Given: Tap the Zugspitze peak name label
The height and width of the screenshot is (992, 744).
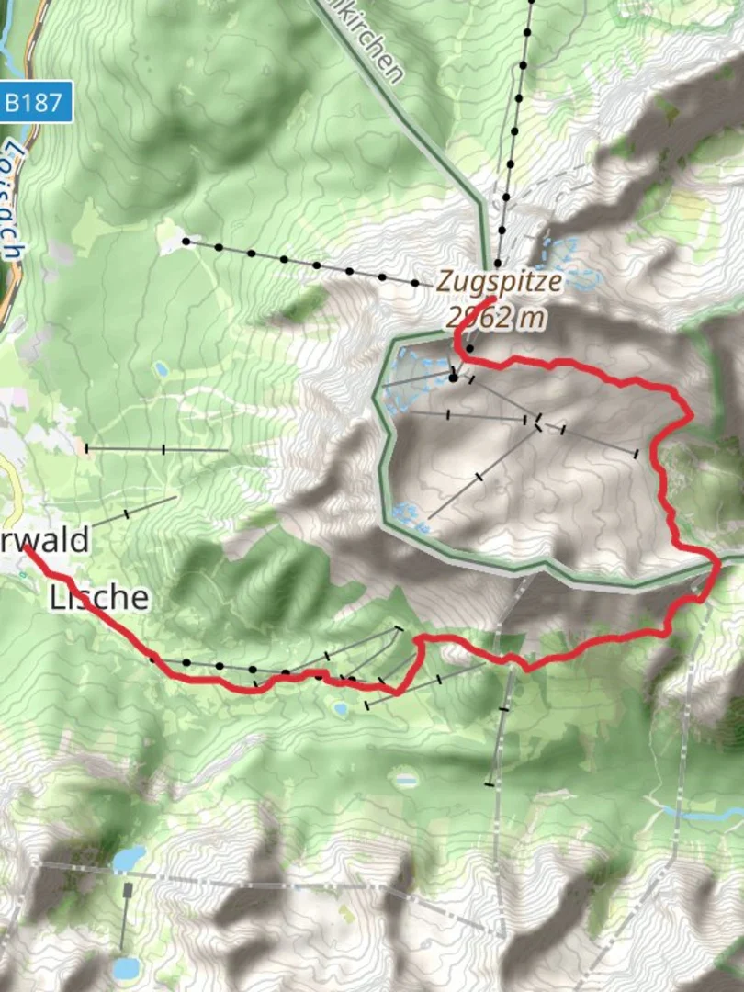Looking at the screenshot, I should pos(497,280).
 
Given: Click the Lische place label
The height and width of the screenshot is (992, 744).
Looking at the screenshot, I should pos(98,597).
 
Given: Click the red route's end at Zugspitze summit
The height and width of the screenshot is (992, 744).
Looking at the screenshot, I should pos(493,299).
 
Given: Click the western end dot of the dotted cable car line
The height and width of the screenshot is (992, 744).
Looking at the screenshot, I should pos(186,242).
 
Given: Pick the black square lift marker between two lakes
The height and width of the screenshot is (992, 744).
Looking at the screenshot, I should pos(128,890).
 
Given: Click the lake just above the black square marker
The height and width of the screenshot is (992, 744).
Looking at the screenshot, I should pos(130,858).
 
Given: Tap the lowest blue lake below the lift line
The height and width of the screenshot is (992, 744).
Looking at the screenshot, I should pos(126,967).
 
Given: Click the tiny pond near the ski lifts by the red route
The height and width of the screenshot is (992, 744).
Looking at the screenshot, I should pos(341,709).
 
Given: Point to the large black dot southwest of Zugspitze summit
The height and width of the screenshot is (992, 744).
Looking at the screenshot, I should pos(453,377).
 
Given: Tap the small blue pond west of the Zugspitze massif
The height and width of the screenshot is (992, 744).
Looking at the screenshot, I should pos(162,369).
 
